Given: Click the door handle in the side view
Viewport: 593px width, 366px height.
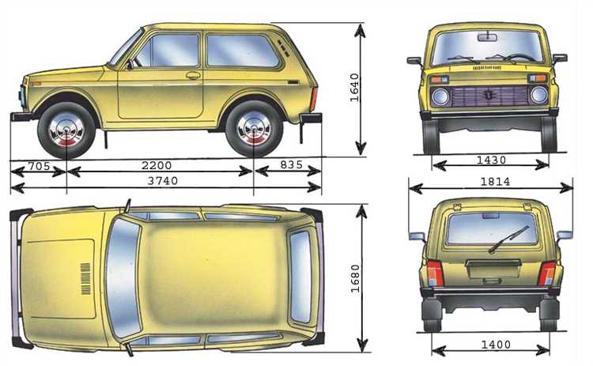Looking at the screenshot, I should pos(193,76).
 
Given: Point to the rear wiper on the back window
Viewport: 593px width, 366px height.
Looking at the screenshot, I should pos(508,238).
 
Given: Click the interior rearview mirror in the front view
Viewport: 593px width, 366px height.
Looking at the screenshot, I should pos(488,36).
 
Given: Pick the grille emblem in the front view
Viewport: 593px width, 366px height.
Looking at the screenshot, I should pos(489,95).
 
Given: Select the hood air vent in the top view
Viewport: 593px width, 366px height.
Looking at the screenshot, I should pos(85,278).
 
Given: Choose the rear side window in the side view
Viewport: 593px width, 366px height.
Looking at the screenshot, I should pos(242,51).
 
